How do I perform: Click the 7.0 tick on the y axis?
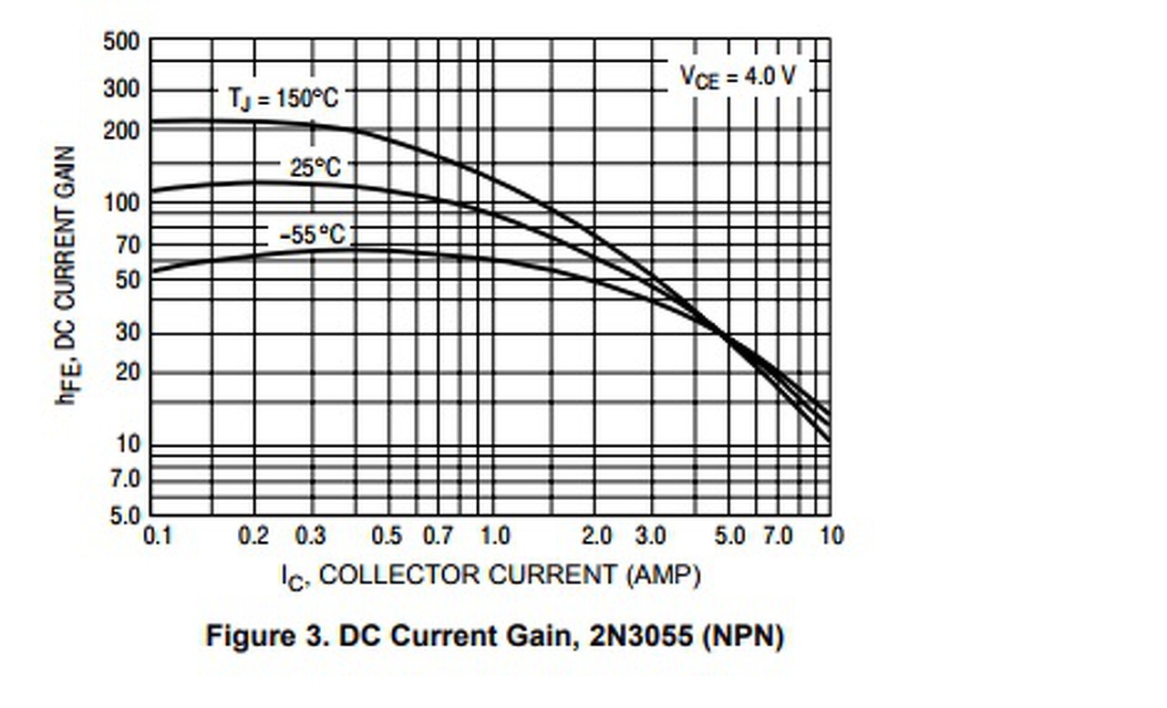click(x=127, y=478)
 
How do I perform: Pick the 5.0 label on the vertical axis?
click(x=127, y=516)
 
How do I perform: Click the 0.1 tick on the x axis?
click(x=158, y=535)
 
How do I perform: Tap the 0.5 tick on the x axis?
click(x=387, y=535)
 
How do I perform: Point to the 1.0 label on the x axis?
click(x=493, y=535)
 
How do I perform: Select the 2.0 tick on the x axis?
click(x=596, y=535)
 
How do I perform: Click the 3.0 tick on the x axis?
click(x=650, y=535)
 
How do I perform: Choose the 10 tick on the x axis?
click(x=831, y=535)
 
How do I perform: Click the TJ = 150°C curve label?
click(x=283, y=98)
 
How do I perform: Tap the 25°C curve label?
click(x=315, y=168)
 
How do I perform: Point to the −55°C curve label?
click(x=313, y=235)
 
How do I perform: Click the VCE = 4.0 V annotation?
click(x=737, y=77)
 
